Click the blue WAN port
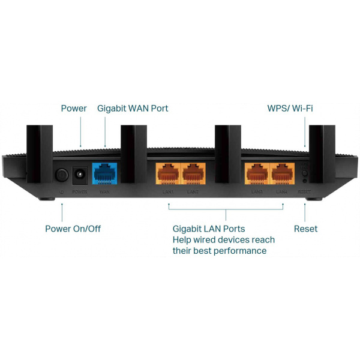[105, 173]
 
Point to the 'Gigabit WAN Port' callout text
[133, 109]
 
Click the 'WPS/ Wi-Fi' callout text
[290, 109]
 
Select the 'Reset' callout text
[305, 229]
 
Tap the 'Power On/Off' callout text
[73, 229]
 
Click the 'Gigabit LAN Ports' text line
[209, 229]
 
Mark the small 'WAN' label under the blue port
[104, 192]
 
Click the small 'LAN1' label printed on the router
[167, 192]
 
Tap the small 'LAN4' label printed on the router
[282, 192]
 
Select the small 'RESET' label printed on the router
[305, 192]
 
